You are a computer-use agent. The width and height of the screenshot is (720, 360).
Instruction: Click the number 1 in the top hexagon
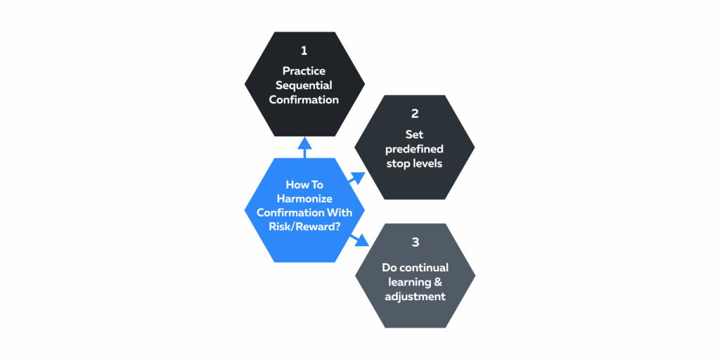tap(304, 51)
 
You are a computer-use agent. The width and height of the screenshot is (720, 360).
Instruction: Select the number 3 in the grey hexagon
tap(415, 243)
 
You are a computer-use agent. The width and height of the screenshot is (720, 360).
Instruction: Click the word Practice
tap(304, 71)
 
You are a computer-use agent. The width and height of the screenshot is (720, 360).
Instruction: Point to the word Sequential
tap(304, 85)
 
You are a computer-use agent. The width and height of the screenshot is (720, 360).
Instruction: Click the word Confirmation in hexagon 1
tap(304, 100)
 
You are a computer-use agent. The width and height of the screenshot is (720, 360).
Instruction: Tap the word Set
tap(414, 135)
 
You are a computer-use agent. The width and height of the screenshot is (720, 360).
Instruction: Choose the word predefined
tap(414, 149)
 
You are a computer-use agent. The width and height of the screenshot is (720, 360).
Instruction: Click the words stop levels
tap(414, 163)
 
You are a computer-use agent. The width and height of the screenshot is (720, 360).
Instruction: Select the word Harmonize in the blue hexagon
tap(304, 199)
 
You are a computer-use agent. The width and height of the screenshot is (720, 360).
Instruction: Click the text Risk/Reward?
tap(304, 226)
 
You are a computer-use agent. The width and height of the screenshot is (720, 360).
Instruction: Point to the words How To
tap(304, 185)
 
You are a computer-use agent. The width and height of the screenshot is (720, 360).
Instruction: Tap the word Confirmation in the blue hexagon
tap(304, 212)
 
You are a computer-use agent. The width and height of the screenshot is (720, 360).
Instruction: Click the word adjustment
tap(415, 296)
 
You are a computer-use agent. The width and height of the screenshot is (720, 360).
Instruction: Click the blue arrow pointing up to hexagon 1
tap(304, 148)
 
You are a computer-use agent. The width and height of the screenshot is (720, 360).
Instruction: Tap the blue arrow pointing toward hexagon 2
tap(356, 179)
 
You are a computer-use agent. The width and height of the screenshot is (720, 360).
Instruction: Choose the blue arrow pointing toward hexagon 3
tap(359, 240)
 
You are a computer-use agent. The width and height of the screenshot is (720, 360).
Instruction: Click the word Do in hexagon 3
tap(388, 267)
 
